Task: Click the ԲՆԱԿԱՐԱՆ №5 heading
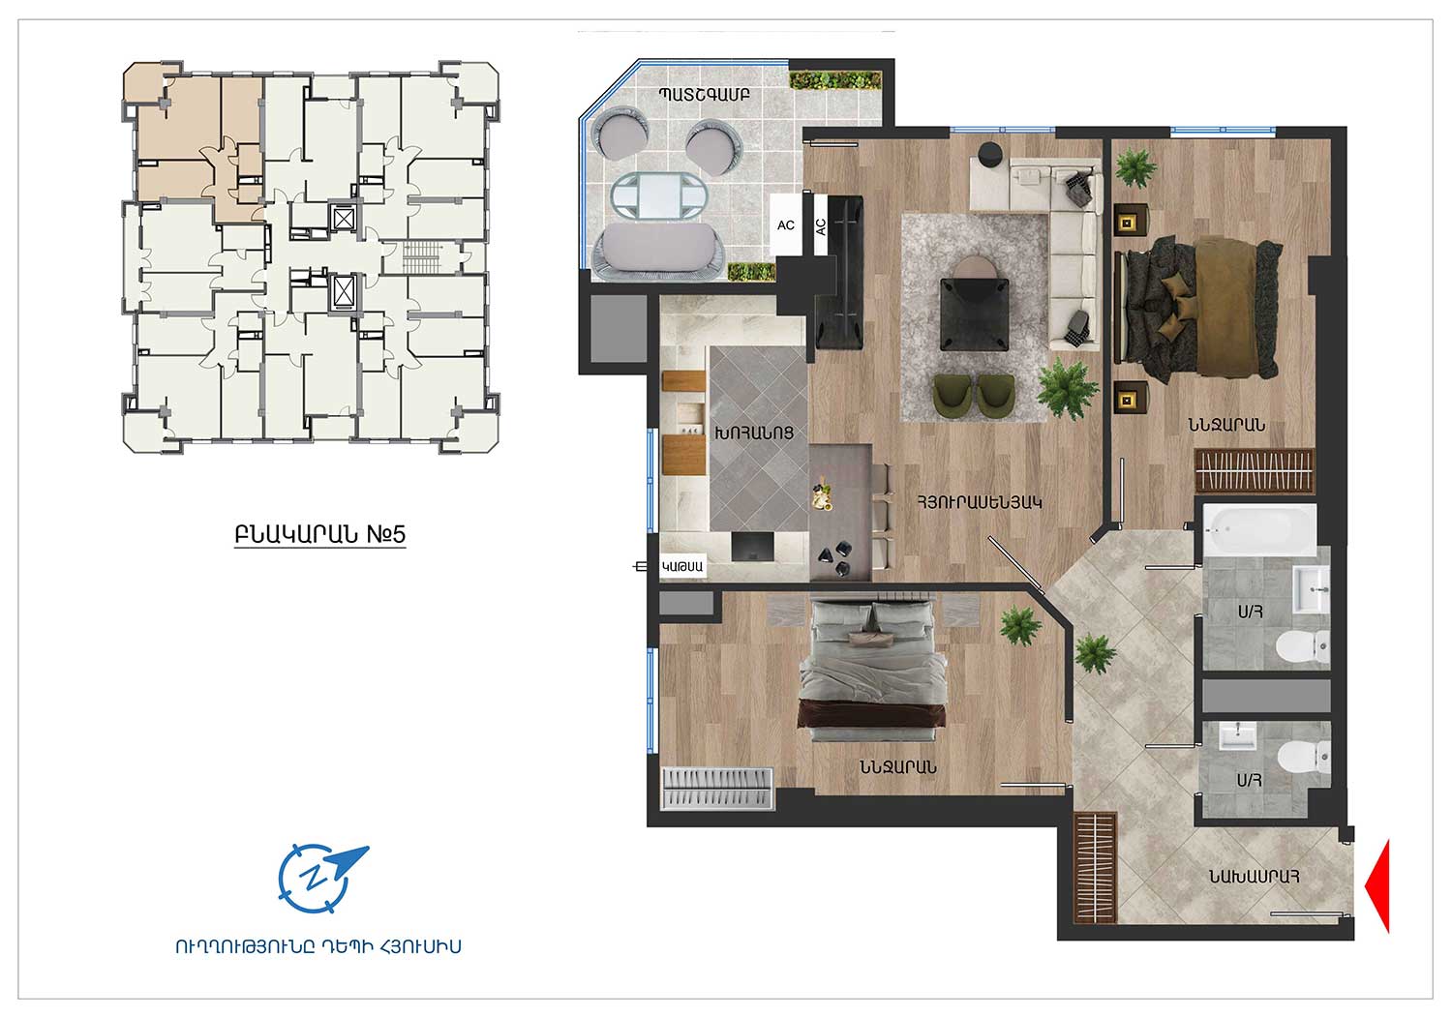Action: pyautogui.click(x=320, y=534)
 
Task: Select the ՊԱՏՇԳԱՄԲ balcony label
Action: pyautogui.click(x=704, y=95)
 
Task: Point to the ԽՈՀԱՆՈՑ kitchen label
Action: pyautogui.click(x=754, y=433)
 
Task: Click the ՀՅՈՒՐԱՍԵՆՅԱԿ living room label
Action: pyautogui.click(x=979, y=502)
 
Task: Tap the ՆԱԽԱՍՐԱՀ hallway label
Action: pyautogui.click(x=1254, y=877)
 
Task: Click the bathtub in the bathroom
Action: pyautogui.click(x=1259, y=530)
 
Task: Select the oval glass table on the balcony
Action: pyautogui.click(x=659, y=195)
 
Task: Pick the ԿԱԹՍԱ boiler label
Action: pyautogui.click(x=681, y=566)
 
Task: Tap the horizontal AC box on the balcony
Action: pyautogui.click(x=786, y=224)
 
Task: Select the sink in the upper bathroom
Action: pyautogui.click(x=1312, y=589)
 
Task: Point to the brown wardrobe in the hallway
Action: pyautogui.click(x=1096, y=868)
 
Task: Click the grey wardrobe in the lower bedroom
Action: pyautogui.click(x=717, y=789)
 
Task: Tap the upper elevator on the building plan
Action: pyautogui.click(x=343, y=219)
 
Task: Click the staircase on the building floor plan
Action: pyautogui.click(x=422, y=257)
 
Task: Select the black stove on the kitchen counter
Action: pyautogui.click(x=752, y=547)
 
